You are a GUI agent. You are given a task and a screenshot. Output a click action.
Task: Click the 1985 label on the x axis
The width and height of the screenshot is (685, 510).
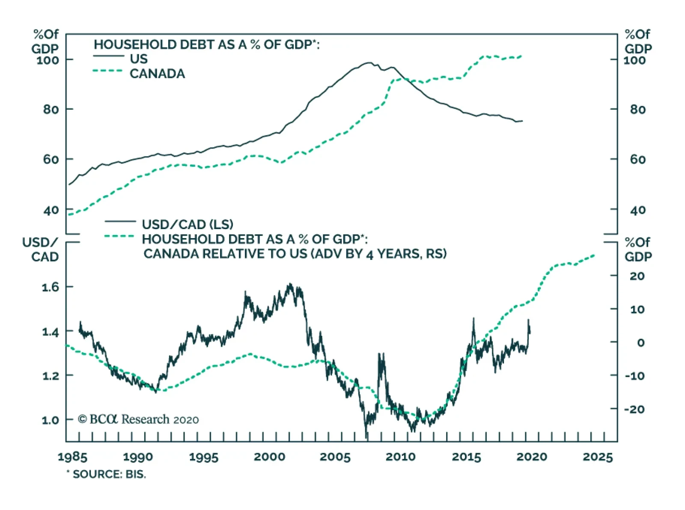pos(72,457)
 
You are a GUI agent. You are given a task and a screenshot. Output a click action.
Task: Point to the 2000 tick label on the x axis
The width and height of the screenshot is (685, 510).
pos(269,457)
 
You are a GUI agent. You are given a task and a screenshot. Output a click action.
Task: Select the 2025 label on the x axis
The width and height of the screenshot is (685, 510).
pos(598,457)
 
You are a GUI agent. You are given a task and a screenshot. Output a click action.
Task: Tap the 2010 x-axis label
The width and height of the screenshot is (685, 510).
pos(400,457)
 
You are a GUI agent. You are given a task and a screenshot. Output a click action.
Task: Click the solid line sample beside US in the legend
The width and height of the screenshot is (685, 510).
pos(108,56)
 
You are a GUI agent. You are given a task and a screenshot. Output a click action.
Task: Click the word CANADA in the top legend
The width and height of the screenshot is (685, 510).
pos(157,74)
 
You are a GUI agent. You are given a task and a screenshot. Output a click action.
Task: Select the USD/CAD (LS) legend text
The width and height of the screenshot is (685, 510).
pos(188,224)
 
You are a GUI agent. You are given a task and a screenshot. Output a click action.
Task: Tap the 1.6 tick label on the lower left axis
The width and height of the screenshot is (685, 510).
pos(51,287)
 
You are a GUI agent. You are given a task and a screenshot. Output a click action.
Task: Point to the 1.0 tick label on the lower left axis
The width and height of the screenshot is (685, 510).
pos(51,420)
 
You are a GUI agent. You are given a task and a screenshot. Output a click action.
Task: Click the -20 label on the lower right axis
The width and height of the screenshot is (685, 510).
pos(634,409)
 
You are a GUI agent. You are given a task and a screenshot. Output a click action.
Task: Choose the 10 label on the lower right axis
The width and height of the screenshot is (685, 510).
pos(637,310)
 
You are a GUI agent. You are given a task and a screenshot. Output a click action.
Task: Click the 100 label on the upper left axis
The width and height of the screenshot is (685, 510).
pos(48,60)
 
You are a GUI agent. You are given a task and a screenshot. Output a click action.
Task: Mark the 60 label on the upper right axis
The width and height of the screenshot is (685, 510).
pos(637,160)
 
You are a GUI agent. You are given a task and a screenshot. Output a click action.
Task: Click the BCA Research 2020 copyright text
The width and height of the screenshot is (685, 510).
pos(138,419)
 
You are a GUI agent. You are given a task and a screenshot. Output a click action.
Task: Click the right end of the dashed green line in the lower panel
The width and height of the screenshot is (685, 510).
pos(594,255)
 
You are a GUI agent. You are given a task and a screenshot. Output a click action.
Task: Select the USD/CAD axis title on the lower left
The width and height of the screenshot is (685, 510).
pos(40,250)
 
